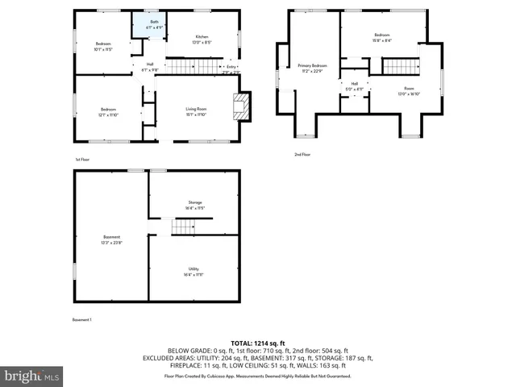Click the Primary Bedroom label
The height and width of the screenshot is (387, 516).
(x=312, y=68)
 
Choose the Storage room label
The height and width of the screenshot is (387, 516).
(x=194, y=205)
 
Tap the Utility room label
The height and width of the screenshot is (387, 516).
(x=193, y=272)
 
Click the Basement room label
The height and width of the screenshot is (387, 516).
(x=111, y=239)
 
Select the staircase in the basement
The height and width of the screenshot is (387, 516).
(x=184, y=227)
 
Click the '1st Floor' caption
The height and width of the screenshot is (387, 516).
(x=81, y=160)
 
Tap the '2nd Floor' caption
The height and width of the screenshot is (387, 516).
(x=302, y=154)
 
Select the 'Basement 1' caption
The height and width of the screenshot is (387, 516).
(x=82, y=320)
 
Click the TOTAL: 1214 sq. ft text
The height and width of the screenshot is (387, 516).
(x=257, y=343)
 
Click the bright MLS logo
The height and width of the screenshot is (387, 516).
(x=32, y=376)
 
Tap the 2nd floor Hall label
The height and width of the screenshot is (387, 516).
(x=354, y=86)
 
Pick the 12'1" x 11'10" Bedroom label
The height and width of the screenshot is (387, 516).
(x=109, y=112)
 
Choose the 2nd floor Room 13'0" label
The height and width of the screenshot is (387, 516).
(x=409, y=91)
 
